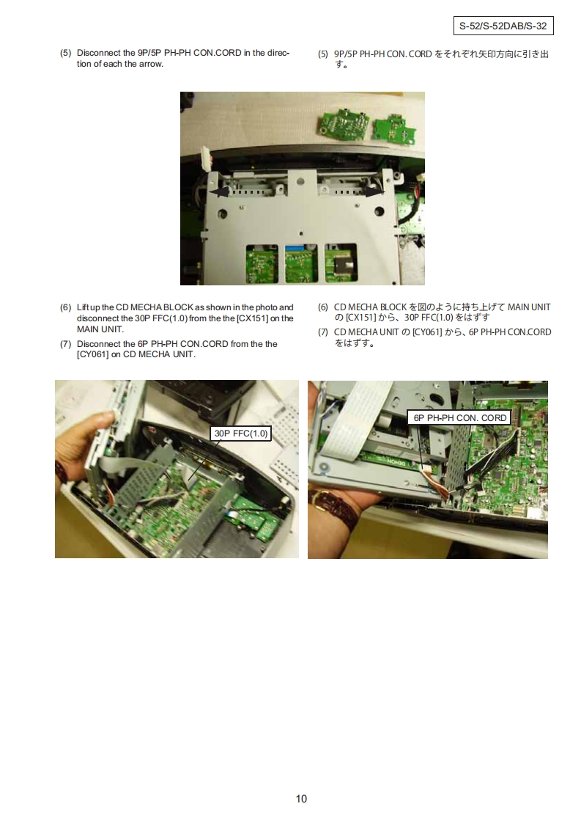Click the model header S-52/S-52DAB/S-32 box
click(503, 26)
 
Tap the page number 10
click(301, 798)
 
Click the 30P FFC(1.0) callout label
click(241, 433)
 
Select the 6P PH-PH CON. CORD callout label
click(460, 418)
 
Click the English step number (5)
click(65, 53)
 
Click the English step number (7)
click(65, 344)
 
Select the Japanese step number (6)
click(323, 307)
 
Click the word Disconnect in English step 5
click(99, 53)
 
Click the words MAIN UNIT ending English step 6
click(100, 329)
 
